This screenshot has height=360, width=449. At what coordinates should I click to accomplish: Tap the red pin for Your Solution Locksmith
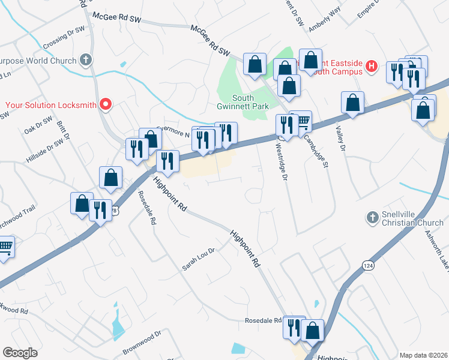106,104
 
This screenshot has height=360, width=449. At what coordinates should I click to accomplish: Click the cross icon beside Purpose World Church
86,60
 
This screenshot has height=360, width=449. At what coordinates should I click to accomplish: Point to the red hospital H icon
372,67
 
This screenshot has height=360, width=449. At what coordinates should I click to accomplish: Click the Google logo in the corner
20,353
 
